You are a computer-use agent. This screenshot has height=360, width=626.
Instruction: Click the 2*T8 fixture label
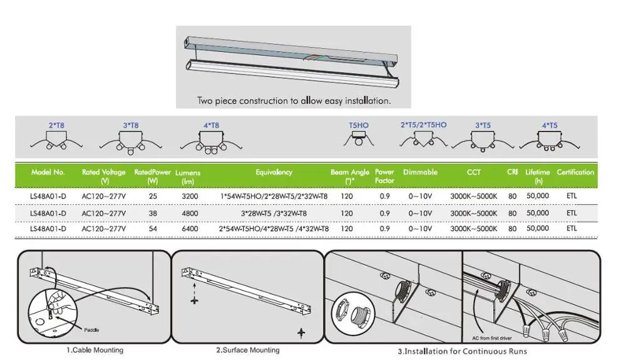coord(56,126)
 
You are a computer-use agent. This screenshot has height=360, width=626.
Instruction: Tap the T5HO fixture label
coord(359,126)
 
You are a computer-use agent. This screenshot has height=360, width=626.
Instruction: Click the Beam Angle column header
coord(350,176)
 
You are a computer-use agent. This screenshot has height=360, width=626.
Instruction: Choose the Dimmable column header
coord(420,172)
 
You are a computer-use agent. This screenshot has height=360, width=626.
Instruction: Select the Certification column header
coord(575,172)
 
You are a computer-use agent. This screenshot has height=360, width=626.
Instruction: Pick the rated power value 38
coord(152,213)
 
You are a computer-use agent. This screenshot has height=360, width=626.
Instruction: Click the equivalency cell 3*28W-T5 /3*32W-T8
coord(274,213)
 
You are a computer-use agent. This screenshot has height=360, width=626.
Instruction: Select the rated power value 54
coord(152,229)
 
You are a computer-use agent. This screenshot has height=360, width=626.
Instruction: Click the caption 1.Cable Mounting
coord(95,350)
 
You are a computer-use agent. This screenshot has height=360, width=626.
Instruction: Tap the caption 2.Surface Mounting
coord(248,350)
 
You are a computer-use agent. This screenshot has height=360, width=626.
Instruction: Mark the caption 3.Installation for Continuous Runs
coord(462,351)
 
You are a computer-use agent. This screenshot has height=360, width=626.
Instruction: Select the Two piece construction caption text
coord(294,100)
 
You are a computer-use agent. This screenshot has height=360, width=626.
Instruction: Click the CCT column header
coord(474,172)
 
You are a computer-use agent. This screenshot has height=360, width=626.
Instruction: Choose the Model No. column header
coord(48,172)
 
